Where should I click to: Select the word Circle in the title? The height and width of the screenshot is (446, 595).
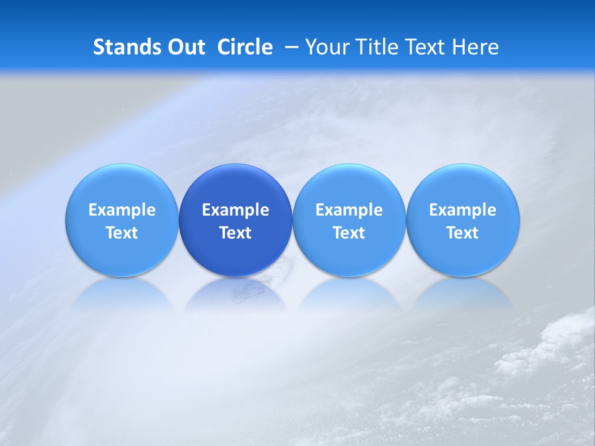tap(245, 47)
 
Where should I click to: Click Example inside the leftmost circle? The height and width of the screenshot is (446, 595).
tap(122, 210)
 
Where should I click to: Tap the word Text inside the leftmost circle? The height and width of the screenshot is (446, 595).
tap(122, 233)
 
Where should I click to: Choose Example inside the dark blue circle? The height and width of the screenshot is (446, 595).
tap(236, 210)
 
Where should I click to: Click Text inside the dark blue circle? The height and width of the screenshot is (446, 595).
tap(236, 233)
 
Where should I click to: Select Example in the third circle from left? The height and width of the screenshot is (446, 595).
tap(349, 210)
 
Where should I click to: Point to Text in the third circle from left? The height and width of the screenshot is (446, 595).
tap(349, 233)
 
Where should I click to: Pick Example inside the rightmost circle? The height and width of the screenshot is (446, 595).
tap(462, 210)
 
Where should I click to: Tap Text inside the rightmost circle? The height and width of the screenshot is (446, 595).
tap(462, 233)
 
